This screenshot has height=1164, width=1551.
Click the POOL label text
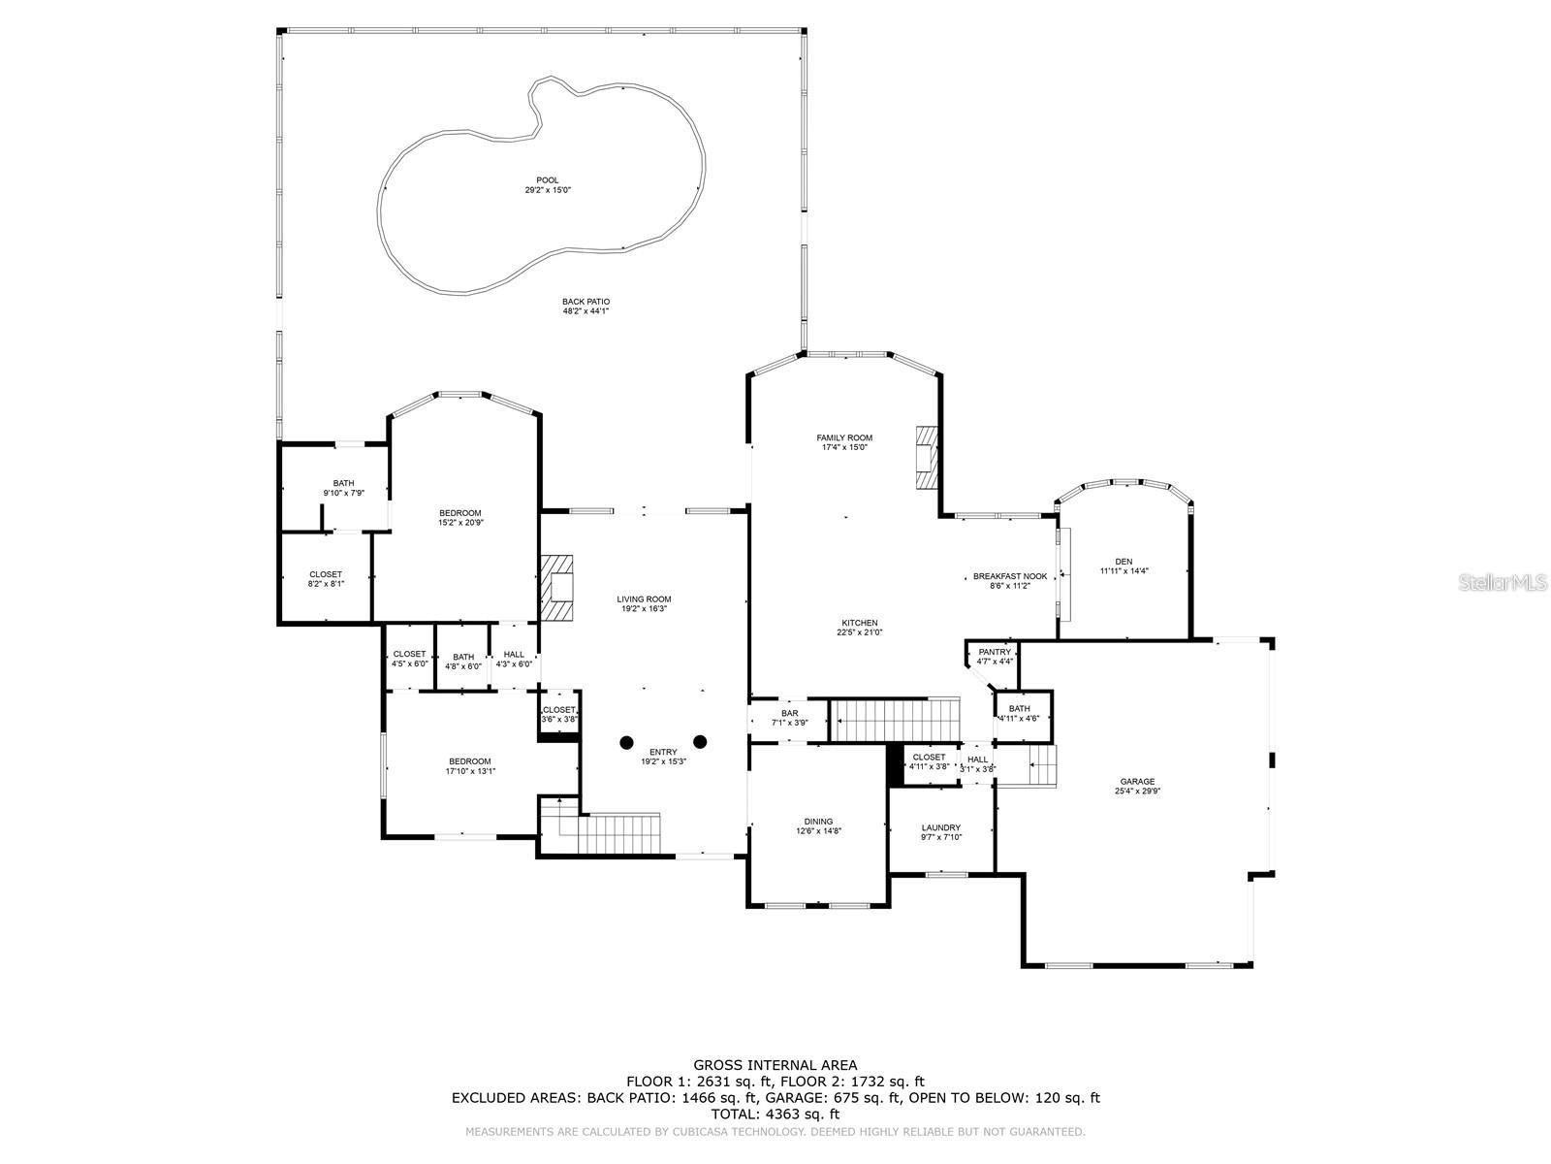[548, 180]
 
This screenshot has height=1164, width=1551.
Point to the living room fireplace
[558, 587]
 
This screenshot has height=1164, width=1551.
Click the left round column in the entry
[626, 742]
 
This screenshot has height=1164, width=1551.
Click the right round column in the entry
[700, 742]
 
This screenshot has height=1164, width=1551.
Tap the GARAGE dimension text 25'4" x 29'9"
[1137, 791]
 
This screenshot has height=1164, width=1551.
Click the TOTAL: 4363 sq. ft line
[775, 1115]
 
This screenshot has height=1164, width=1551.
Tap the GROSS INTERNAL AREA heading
[775, 1065]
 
